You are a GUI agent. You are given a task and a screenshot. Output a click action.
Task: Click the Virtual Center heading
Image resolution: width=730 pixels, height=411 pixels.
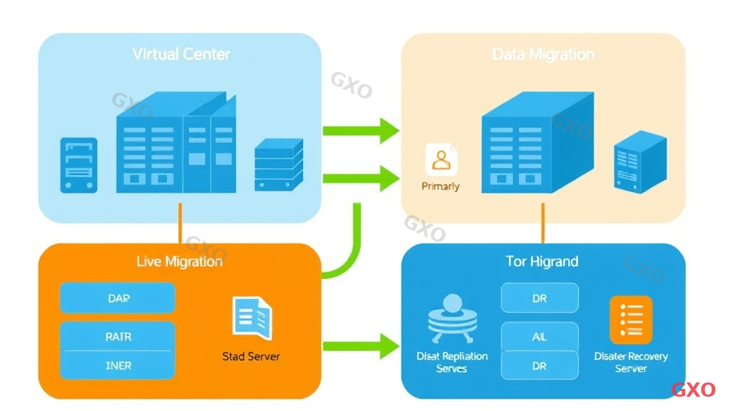tap(181, 54)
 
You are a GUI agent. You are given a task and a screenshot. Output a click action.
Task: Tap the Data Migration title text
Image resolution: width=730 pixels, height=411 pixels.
tap(543, 54)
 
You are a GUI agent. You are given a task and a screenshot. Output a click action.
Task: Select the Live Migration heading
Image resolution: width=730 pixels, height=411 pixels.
tap(179, 262)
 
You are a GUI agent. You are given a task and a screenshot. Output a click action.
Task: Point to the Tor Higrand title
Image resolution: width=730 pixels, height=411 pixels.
tap(542, 262)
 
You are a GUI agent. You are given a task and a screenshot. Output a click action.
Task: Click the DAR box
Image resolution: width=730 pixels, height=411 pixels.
tap(118, 298)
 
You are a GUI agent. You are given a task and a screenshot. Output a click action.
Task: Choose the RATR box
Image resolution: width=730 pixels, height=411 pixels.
tap(118, 337)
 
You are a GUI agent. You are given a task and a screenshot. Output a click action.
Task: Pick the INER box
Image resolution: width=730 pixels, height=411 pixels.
tap(118, 365)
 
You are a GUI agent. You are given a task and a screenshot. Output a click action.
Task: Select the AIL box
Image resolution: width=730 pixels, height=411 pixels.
tap(540, 337)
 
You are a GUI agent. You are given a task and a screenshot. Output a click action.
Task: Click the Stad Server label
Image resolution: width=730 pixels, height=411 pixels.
tap(251, 356)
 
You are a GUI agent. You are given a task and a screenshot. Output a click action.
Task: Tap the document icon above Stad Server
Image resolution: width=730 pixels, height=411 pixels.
tap(252, 318)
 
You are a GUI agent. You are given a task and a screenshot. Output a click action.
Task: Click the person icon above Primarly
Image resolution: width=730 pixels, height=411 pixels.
tap(441, 160)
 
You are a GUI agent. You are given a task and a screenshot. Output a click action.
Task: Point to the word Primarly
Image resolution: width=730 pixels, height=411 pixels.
tap(441, 186)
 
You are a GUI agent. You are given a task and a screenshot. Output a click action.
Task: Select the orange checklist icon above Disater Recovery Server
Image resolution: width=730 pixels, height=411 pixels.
tap(631, 320)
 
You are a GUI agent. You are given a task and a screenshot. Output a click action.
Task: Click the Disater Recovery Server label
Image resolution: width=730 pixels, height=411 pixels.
tap(631, 362)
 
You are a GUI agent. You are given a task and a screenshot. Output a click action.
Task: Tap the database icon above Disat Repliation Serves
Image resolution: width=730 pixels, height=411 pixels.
tap(451, 320)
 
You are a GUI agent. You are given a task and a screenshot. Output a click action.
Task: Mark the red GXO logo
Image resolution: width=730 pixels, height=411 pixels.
tap(693, 390)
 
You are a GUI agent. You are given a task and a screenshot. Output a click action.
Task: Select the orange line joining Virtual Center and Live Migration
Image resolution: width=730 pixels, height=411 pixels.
tap(180, 223)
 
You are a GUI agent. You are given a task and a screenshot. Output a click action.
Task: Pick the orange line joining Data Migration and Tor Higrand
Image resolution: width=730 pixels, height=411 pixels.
tap(543, 223)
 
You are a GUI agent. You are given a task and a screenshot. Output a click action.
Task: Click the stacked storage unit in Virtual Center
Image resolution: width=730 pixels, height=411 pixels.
tap(279, 164)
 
